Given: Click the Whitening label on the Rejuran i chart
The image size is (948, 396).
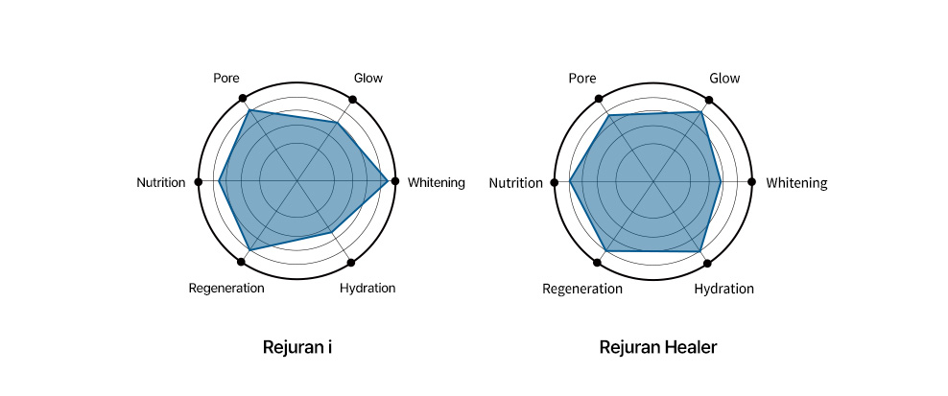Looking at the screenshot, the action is [437, 182].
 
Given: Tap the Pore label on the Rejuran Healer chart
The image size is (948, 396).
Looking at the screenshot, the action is [582, 79].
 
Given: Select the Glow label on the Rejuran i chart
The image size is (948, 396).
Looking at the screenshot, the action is [368, 78].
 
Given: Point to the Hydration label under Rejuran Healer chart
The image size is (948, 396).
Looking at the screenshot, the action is [723, 289].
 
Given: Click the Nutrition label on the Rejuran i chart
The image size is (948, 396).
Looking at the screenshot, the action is [161, 182].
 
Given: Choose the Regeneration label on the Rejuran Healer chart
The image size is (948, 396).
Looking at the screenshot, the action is [581, 289].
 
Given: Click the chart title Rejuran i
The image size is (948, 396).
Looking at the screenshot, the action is [296, 348].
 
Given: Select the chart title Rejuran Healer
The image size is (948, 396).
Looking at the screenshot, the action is [658, 348].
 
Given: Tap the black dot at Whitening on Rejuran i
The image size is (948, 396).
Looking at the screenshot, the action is [394, 181].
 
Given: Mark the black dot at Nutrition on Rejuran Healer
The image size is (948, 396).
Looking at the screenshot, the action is [554, 182].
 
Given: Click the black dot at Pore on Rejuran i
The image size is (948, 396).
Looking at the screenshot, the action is [243, 98].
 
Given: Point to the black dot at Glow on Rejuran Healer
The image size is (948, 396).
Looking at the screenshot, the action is [708, 101].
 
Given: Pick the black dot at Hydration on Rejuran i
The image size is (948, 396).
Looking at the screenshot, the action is [350, 263].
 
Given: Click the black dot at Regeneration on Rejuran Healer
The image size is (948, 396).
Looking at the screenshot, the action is [598, 263].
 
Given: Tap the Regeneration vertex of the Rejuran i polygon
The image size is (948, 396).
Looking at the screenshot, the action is [249, 249].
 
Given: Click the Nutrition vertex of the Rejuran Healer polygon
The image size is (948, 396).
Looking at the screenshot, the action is [570, 181].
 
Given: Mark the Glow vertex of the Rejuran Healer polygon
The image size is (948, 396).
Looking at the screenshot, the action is [700, 112].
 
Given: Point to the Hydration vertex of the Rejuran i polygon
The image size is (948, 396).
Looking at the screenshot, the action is [331, 231].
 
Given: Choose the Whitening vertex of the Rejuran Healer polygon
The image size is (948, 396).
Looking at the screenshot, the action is [721, 181].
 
